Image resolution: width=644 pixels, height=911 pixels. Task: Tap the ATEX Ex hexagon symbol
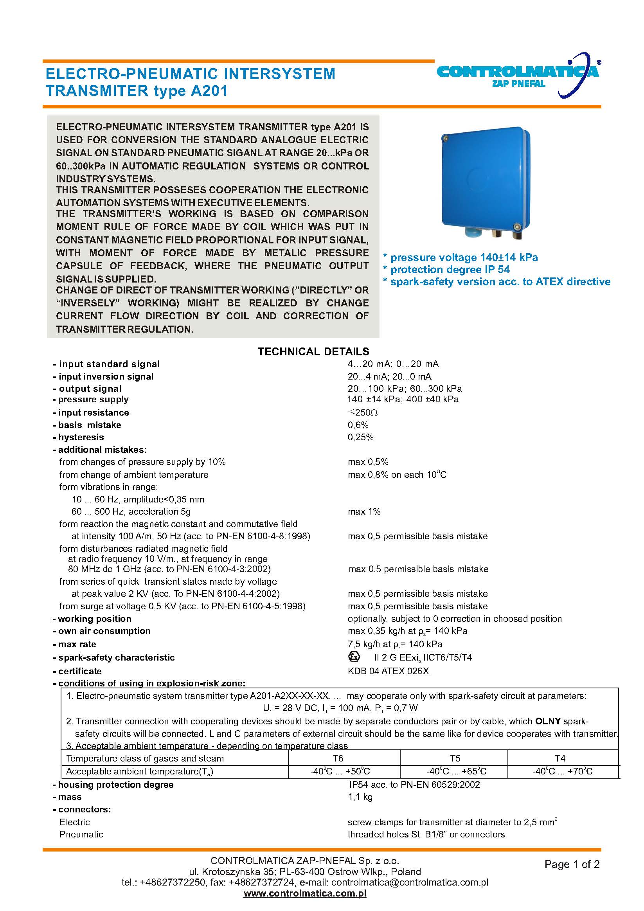pyautogui.click(x=354, y=657)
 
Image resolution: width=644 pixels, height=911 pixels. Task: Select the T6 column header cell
pyautogui.click(x=338, y=758)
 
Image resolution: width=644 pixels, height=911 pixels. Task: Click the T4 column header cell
pyautogui.click(x=560, y=758)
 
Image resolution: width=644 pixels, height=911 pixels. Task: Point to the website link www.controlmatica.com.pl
pyautogui.click(x=305, y=893)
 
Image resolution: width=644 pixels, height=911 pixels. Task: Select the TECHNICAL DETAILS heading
pyautogui.click(x=313, y=351)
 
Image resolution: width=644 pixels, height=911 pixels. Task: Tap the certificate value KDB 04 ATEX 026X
pyautogui.click(x=388, y=671)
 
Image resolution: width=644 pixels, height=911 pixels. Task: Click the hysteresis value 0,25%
pyautogui.click(x=361, y=437)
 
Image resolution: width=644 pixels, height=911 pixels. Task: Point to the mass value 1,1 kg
pyautogui.click(x=360, y=797)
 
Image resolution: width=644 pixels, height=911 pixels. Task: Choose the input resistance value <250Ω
pyautogui.click(x=362, y=412)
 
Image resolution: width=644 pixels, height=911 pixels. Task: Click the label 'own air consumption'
pyautogui.click(x=104, y=631)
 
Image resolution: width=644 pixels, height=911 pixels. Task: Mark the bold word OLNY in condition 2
pyautogui.click(x=548, y=721)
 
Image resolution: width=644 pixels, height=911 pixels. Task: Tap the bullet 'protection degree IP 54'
pyautogui.click(x=450, y=270)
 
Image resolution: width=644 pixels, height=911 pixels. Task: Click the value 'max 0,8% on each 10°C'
pyautogui.click(x=397, y=475)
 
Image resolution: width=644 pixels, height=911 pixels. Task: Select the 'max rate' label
pyautogui.click(x=77, y=645)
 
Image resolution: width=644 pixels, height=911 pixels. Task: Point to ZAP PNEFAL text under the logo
pyautogui.click(x=519, y=84)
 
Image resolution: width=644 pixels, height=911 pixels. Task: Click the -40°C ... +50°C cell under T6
pyautogui.click(x=340, y=771)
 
